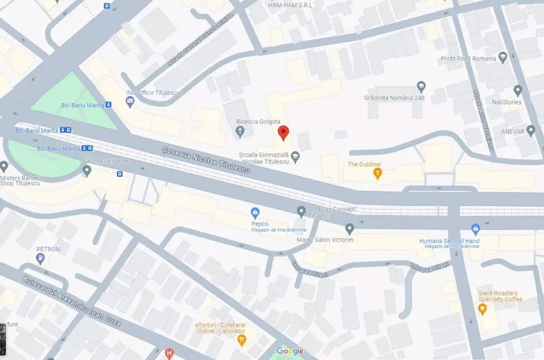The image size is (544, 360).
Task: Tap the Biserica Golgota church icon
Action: [x=240, y=131]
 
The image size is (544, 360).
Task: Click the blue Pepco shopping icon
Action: [x=255, y=212]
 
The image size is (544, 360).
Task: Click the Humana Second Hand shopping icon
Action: [x=475, y=229]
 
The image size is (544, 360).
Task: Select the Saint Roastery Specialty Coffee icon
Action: [x=483, y=309]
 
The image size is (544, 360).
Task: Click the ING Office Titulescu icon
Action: [x=131, y=103]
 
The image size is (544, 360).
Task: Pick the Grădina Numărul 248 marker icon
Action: [x=421, y=86]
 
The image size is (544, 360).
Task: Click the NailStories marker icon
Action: [x=518, y=90]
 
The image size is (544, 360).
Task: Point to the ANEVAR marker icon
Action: [x=531, y=131]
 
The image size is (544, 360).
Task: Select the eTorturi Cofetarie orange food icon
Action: [x=242, y=339]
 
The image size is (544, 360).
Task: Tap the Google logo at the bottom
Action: [x=290, y=351]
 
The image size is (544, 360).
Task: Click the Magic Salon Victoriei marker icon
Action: [x=350, y=229]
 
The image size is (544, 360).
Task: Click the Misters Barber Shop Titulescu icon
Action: [x=4, y=166]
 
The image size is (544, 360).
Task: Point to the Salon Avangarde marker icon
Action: [x=86, y=170]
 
